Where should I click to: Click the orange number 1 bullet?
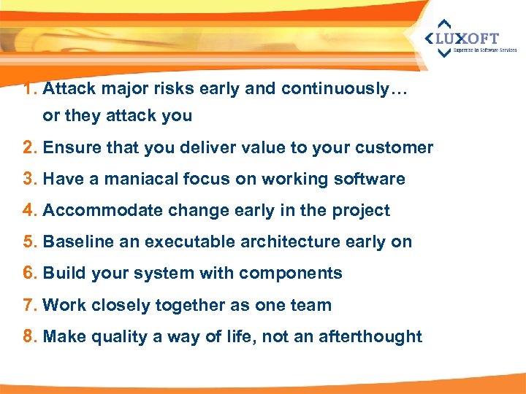pyautogui.click(x=29, y=89)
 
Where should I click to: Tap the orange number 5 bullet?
pyautogui.click(x=29, y=242)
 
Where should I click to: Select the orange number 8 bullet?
pyautogui.click(x=29, y=336)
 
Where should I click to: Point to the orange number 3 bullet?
pyautogui.click(x=29, y=179)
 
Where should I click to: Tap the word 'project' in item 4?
pyautogui.click(x=362, y=211)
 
